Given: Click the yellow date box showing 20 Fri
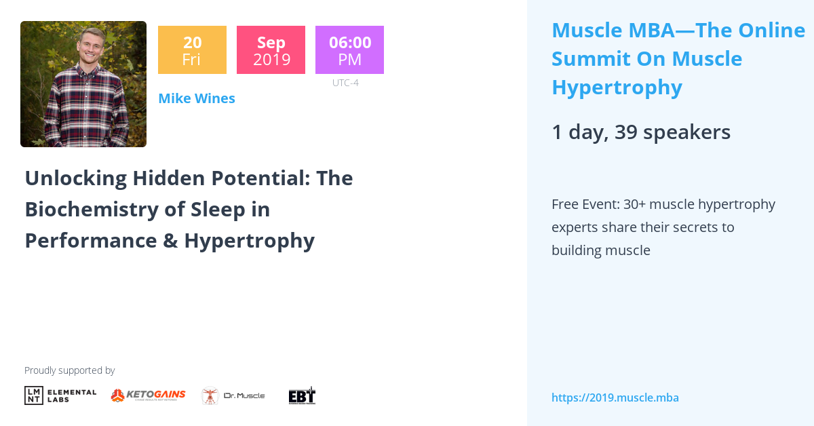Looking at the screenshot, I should point(192,50).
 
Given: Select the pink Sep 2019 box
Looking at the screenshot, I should point(271,50).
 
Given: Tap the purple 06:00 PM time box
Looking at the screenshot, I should point(349,50).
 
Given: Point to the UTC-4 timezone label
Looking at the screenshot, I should point(345,83).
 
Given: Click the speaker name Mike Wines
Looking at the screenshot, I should point(197,98).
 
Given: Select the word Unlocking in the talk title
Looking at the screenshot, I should point(75,178).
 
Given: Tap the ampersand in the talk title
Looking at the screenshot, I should point(170,241).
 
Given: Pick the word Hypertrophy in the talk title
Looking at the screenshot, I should point(249,241).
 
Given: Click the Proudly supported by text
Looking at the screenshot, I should point(69,370).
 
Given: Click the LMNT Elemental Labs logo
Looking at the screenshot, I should point(60,395).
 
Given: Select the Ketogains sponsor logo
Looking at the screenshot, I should point(148,395).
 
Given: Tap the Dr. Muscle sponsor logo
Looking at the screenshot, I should point(233,395).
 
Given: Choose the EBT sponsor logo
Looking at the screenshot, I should point(302,395).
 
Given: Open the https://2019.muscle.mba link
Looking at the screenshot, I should point(615,398).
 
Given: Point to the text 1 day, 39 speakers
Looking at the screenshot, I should point(640,132).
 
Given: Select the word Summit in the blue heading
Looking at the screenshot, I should point(590,59).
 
